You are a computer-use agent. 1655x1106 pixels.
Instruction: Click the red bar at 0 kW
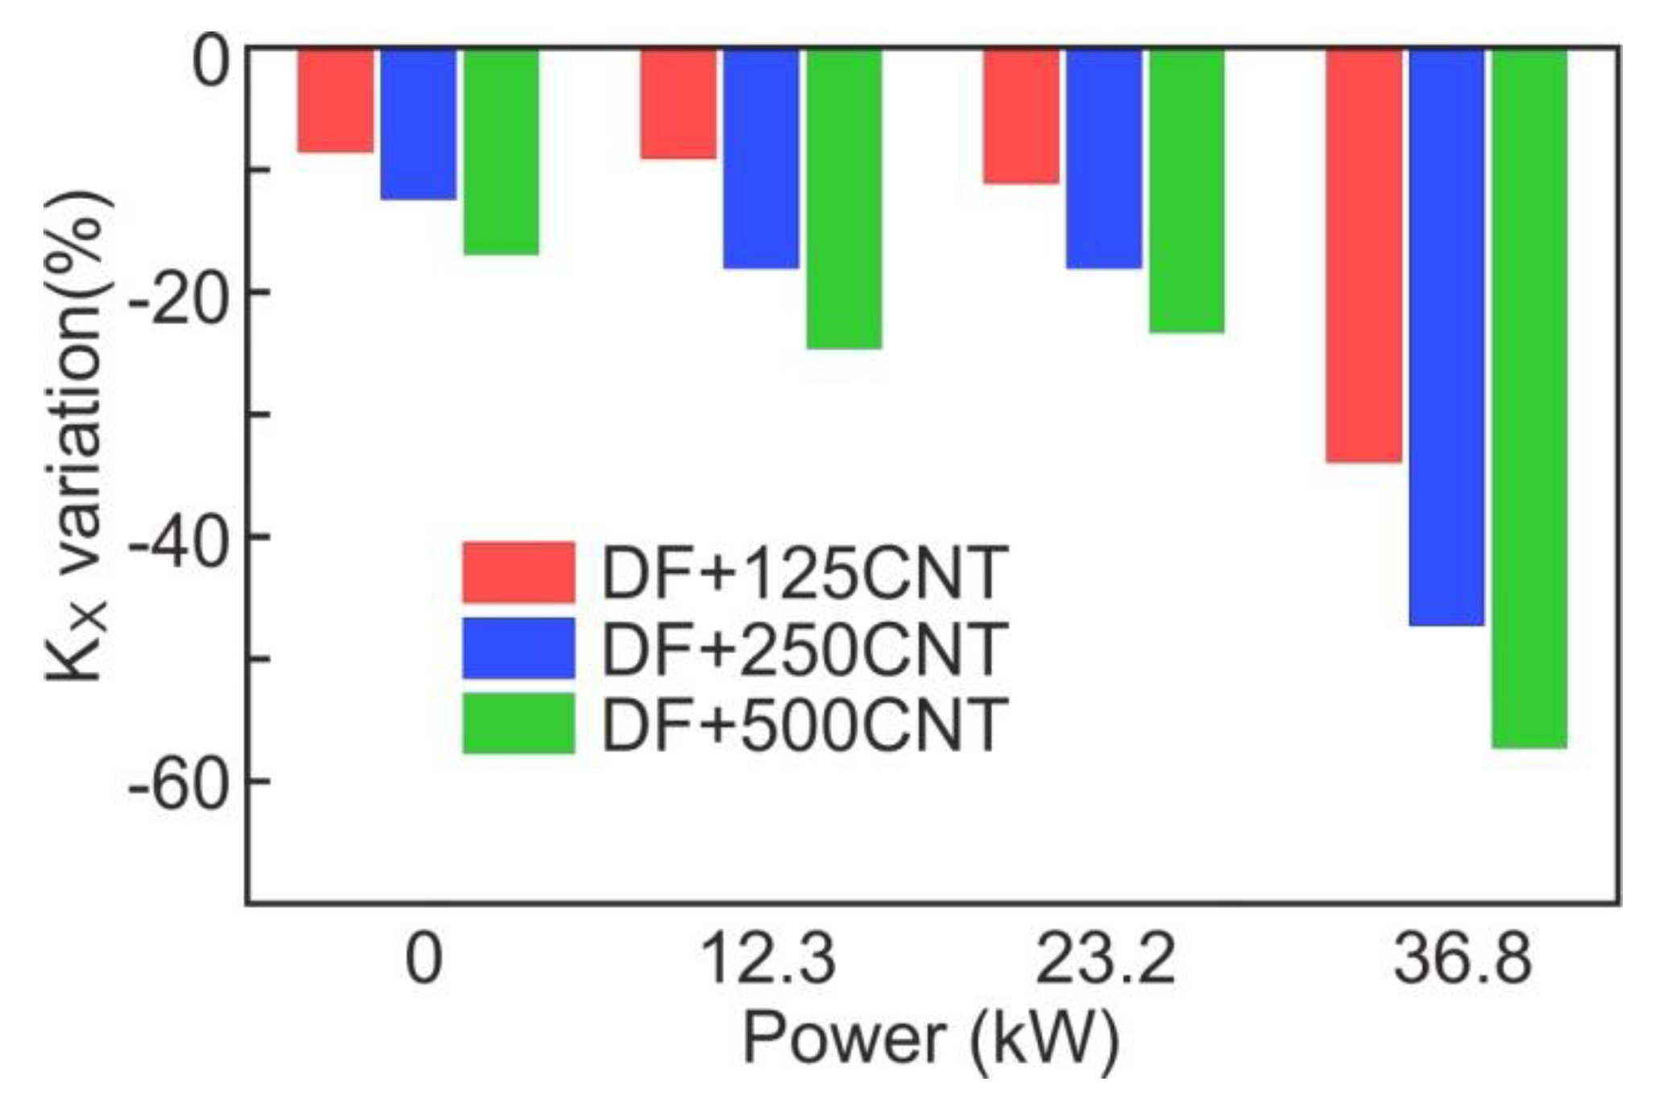click(335, 100)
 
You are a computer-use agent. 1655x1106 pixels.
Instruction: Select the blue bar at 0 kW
click(418, 123)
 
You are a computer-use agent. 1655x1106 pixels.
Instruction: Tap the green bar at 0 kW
click(501, 151)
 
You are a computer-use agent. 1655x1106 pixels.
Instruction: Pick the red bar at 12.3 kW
click(678, 103)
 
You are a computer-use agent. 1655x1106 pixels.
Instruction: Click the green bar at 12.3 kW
click(844, 198)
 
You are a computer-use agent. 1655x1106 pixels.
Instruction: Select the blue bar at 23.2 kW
click(1104, 158)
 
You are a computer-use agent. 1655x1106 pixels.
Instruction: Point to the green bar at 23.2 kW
click(1187, 190)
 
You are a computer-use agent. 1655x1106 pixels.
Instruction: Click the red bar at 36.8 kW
click(1364, 255)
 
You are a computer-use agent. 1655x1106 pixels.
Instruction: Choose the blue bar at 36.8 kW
click(1447, 337)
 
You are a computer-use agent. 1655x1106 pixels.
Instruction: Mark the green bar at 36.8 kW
click(1530, 398)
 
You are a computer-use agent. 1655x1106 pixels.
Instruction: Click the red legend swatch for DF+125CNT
click(519, 572)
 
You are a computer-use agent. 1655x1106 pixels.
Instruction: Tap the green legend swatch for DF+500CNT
click(519, 723)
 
